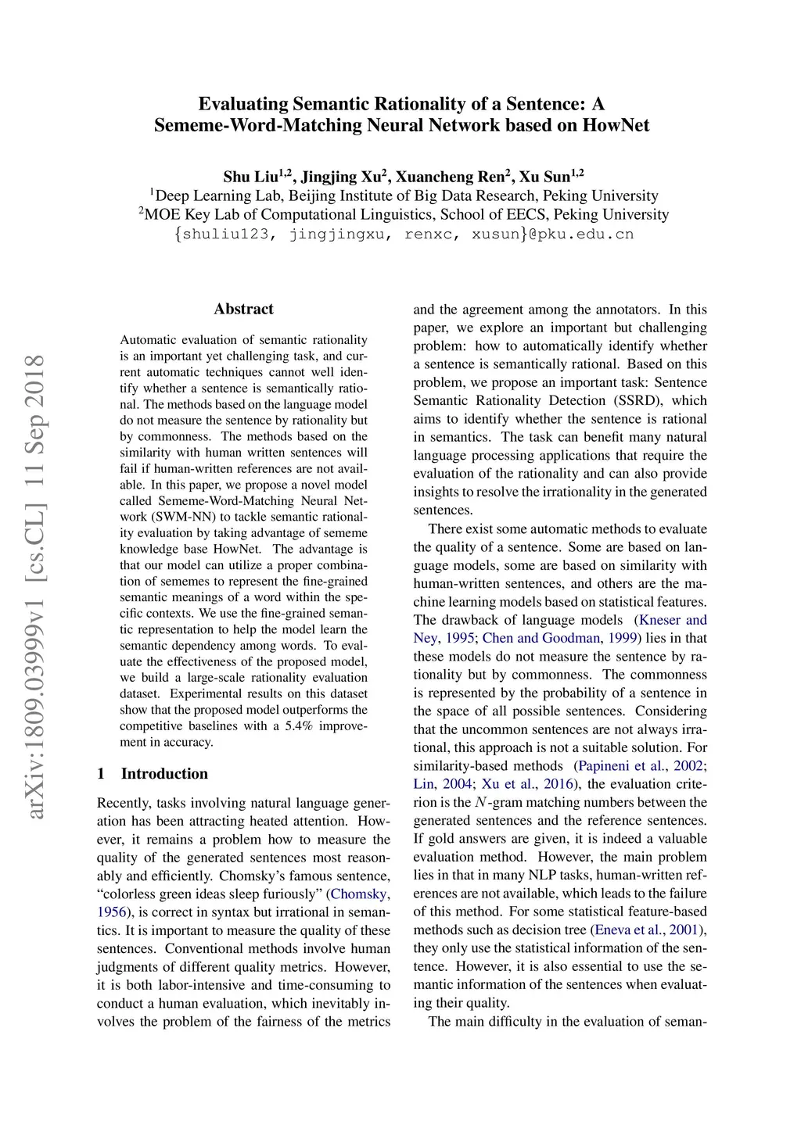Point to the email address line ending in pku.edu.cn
tap(404, 234)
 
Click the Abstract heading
tap(243, 309)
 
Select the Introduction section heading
tap(164, 774)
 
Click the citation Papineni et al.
tap(622, 766)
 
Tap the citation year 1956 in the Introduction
tap(111, 912)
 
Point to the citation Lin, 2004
tap(443, 784)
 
